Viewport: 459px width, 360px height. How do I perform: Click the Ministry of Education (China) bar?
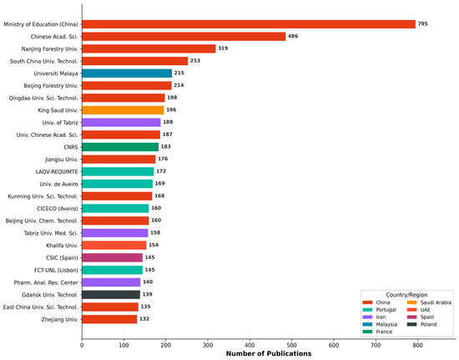tap(249, 24)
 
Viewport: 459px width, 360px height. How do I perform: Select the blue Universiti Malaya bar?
tap(127, 74)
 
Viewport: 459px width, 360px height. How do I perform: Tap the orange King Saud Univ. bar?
tap(123, 110)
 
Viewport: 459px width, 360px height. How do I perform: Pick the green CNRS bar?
tap(120, 147)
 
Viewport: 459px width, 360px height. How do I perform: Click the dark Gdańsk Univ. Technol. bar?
tap(111, 295)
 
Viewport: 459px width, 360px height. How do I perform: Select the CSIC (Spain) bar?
tap(112, 258)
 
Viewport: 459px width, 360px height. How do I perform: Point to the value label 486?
tap(293, 36)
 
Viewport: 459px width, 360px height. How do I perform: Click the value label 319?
tap(223, 48)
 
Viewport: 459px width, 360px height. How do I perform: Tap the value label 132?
tap(144, 319)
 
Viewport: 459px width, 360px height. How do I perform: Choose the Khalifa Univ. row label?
tap(62, 246)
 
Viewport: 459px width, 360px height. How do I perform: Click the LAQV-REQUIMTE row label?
tap(57, 172)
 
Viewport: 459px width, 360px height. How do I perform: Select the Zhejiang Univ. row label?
tap(60, 319)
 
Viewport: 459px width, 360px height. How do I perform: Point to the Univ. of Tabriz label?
tap(60, 123)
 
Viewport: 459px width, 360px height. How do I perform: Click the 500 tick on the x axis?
tap(292, 345)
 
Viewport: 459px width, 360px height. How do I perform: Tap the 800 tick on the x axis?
tap(418, 345)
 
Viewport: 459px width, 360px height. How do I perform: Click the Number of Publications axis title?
tap(269, 353)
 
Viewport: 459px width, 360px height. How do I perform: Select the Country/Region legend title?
tap(406, 295)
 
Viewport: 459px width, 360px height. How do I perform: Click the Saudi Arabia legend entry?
tap(429, 302)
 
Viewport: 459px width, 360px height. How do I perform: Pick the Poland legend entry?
tap(421, 325)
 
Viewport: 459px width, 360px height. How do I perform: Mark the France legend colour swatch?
tap(367, 332)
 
